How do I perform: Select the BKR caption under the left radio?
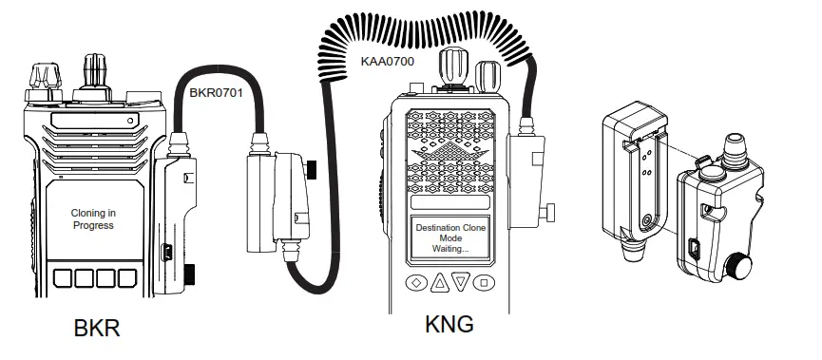click(x=97, y=329)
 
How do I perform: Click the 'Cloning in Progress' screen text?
click(x=92, y=219)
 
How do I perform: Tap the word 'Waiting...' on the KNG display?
click(x=449, y=249)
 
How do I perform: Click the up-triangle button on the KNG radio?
click(x=439, y=282)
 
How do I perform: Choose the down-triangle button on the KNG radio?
click(x=461, y=282)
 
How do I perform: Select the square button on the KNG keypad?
click(x=484, y=282)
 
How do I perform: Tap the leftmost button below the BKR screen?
click(x=63, y=278)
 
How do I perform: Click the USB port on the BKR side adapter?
click(x=164, y=252)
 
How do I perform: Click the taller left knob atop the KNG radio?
click(x=450, y=66)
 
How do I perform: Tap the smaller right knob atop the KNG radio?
click(x=487, y=74)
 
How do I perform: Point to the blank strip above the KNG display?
click(x=450, y=203)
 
